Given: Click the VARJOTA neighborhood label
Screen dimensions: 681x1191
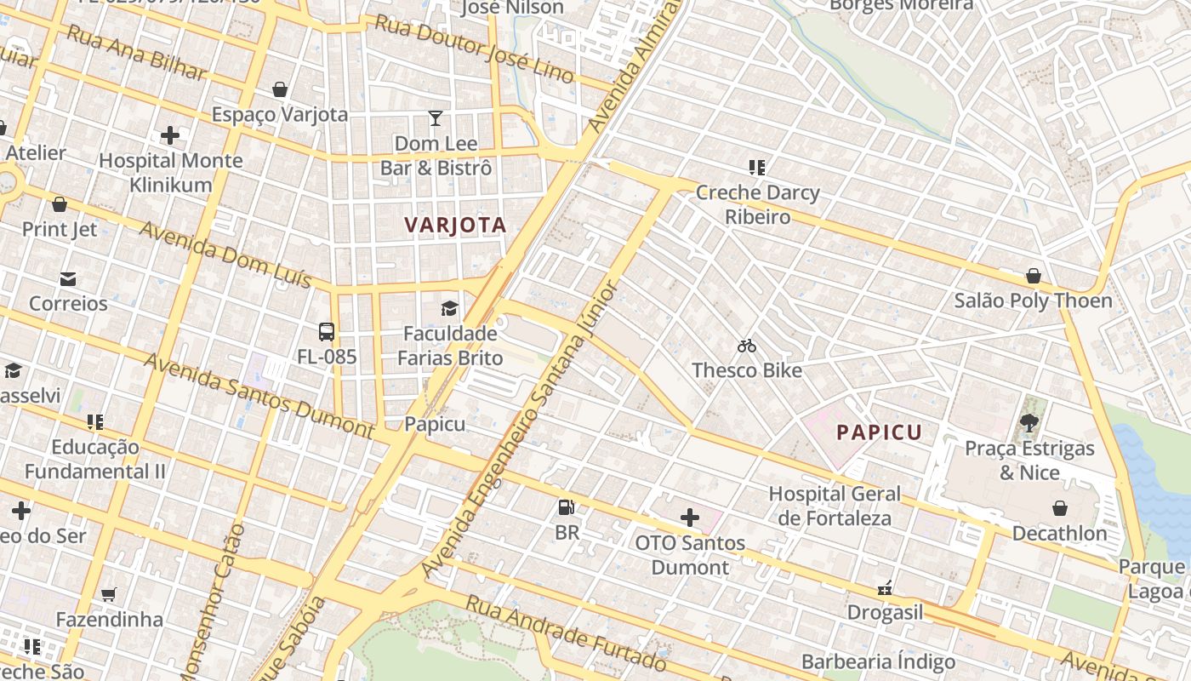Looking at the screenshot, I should [x=455, y=226].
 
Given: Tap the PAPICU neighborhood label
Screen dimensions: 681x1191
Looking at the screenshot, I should [x=879, y=432].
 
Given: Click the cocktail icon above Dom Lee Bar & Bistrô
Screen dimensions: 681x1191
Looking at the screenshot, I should [x=436, y=118].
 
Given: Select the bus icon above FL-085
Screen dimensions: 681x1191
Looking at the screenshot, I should [x=327, y=332].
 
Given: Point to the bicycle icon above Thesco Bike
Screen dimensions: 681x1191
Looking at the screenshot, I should [x=747, y=346].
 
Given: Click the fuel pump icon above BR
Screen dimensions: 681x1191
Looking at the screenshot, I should [x=566, y=508].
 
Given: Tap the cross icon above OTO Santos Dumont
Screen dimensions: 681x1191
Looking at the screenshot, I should [x=690, y=517].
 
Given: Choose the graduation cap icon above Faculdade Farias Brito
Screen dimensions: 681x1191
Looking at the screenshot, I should [x=449, y=308].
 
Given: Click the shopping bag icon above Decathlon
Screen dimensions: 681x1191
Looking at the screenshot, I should [x=1060, y=508].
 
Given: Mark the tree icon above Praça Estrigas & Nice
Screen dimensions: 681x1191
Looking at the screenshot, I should [x=1029, y=422].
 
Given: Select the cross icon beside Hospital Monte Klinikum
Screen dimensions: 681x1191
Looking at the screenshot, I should [x=170, y=135].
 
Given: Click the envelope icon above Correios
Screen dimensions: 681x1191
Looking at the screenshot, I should [x=68, y=278].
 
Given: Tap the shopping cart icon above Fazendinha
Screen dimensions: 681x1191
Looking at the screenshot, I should [x=109, y=594].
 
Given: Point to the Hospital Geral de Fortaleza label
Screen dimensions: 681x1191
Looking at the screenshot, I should [x=835, y=506].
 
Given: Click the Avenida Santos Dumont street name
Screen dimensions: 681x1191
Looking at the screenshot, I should [x=259, y=396].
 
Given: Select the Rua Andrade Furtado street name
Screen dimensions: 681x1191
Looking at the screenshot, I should [x=565, y=632].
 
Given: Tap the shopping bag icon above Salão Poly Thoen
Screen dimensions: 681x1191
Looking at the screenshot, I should [x=1033, y=276].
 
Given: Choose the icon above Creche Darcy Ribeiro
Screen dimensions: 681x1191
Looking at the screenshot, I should [x=757, y=168].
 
